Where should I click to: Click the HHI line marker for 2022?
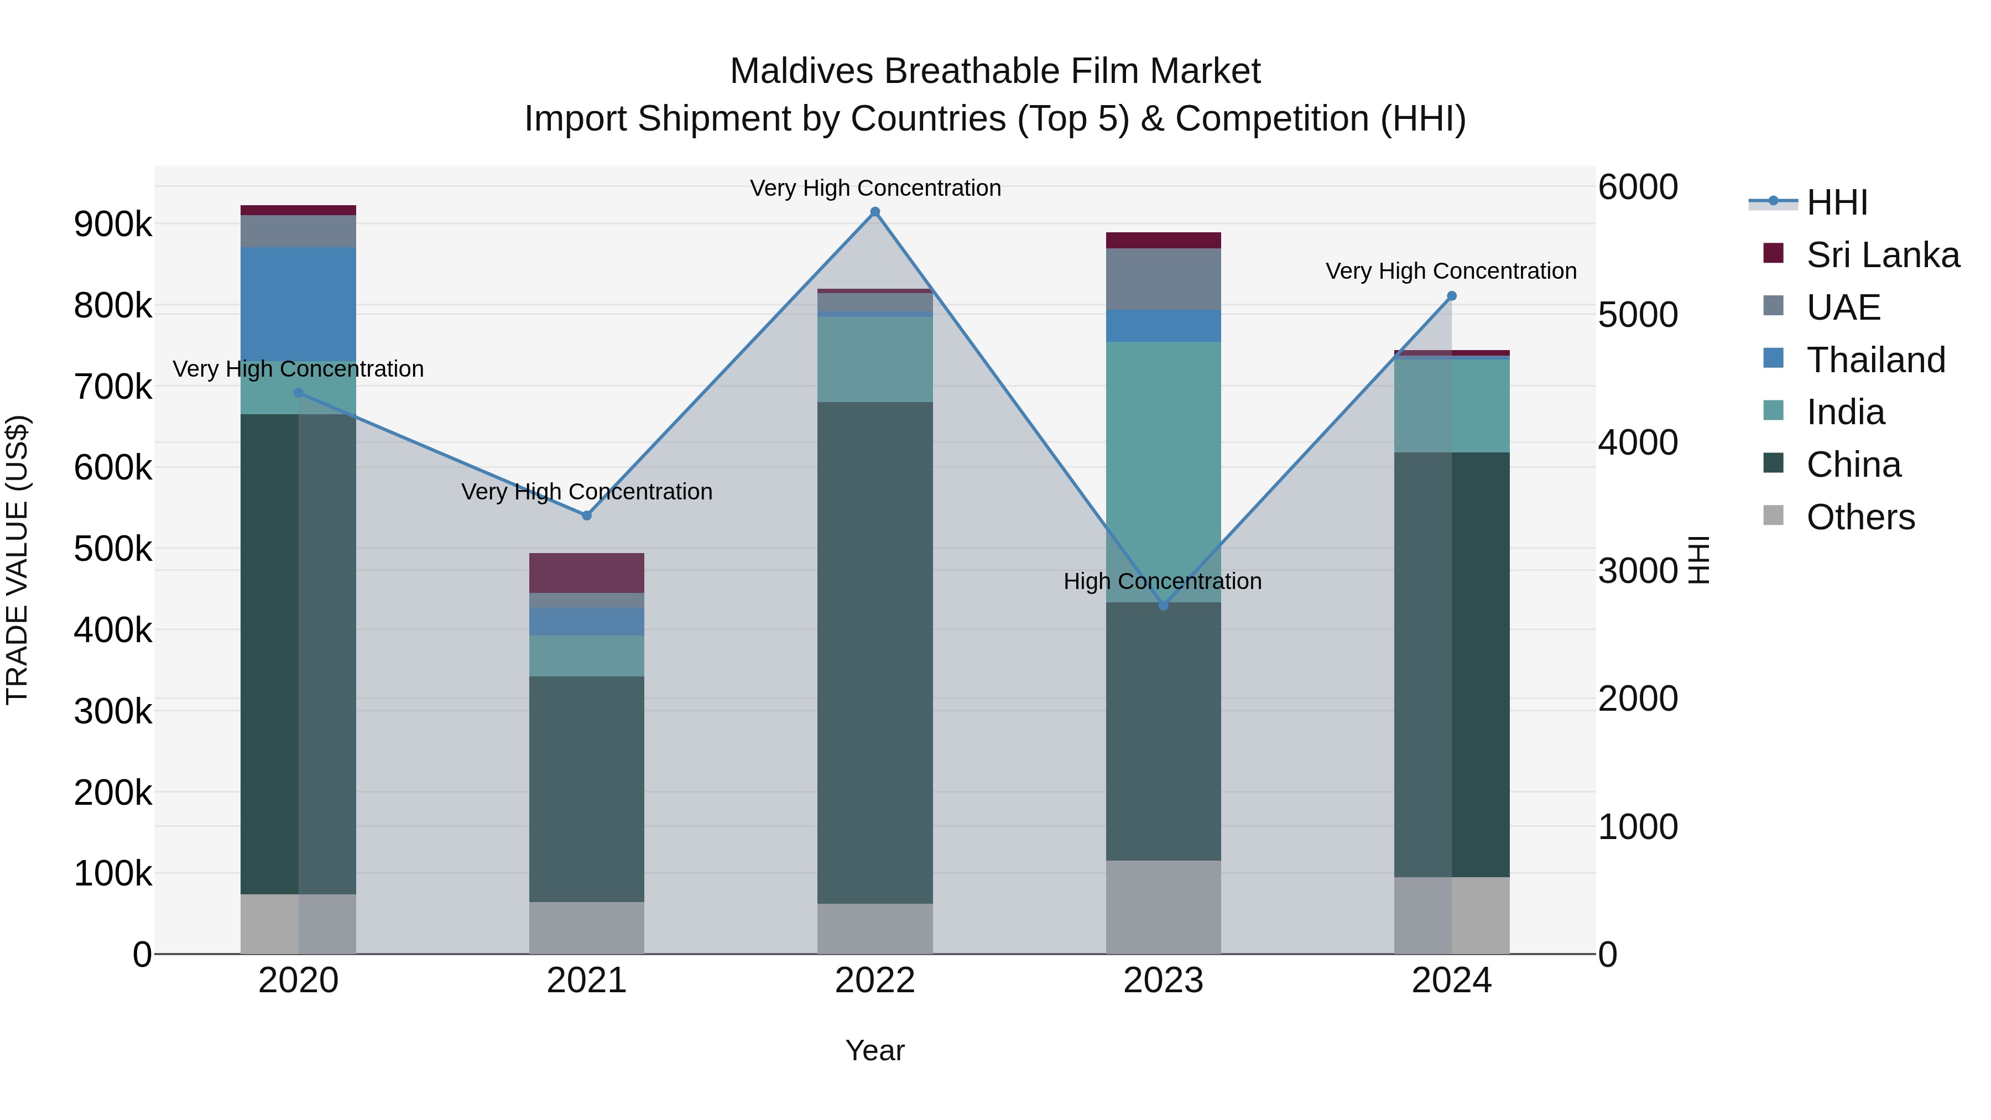(875, 212)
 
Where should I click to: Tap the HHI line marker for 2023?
(1163, 605)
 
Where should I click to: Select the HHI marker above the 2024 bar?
(1452, 296)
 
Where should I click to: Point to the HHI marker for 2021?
(587, 515)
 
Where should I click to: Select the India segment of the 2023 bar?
(1163, 471)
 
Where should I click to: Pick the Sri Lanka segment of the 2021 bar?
(587, 573)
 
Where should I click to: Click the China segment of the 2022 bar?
(875, 653)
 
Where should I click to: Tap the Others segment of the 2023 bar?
(1163, 907)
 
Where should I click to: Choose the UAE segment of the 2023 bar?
(1163, 279)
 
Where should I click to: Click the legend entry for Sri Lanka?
(1882, 255)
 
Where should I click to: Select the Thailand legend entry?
(1875, 360)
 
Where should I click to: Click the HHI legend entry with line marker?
(1836, 202)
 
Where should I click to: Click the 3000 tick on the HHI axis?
(1638, 571)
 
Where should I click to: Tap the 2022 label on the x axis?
(875, 981)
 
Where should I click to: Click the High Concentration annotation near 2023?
(1163, 581)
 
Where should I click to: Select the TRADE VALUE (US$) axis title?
(17, 560)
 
